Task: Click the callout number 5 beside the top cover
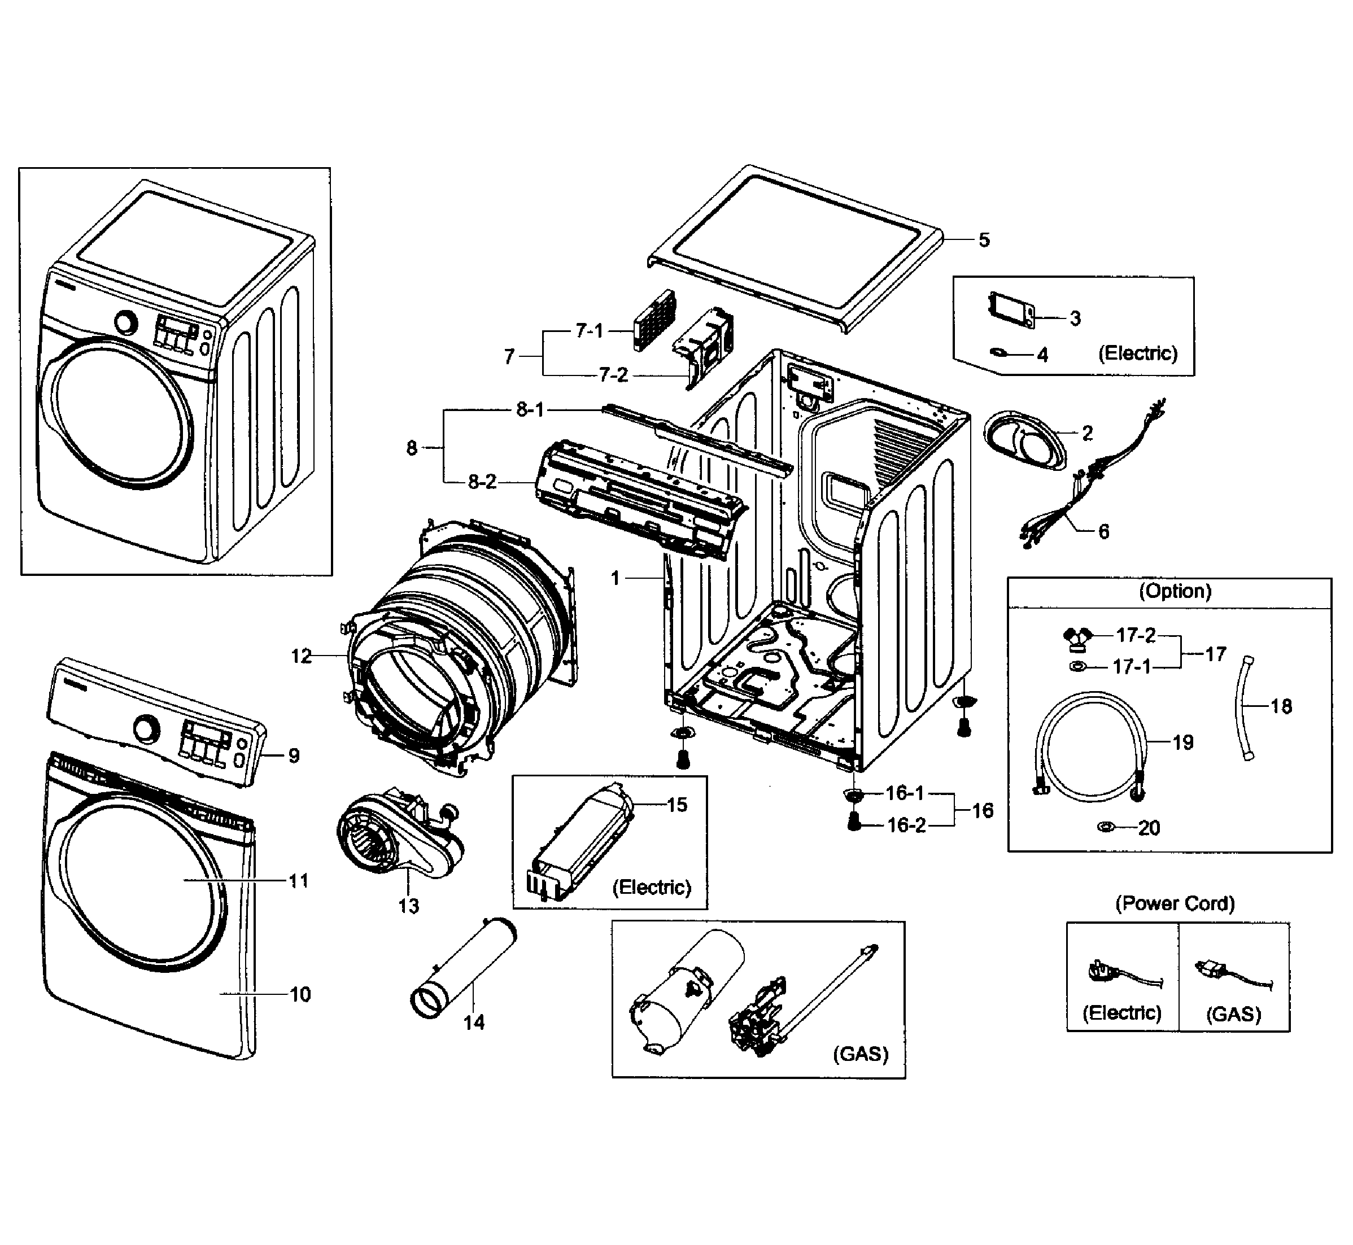[x=984, y=240]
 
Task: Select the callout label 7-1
[x=589, y=331]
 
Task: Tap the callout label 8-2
[x=482, y=482]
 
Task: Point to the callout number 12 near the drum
[x=301, y=656]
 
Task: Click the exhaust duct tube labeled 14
[x=464, y=969]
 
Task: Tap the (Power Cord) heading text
[x=1175, y=903]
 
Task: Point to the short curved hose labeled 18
[x=1243, y=707]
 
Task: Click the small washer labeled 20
[x=1105, y=827]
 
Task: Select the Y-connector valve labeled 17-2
[x=1077, y=637]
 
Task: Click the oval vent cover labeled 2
[x=1025, y=440]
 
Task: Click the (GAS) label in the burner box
[x=861, y=1054]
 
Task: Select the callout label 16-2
[x=906, y=825]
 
